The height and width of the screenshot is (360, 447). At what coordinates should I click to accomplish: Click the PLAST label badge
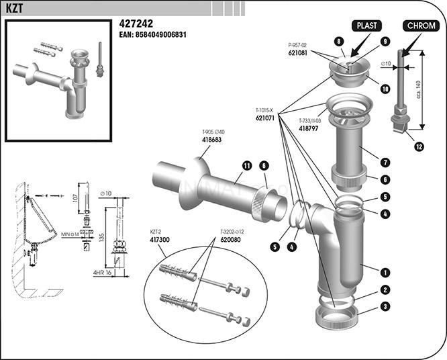[x=367, y=26]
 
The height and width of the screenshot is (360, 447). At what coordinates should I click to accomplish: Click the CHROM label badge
[x=420, y=26]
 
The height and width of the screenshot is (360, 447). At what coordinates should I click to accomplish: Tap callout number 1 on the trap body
[x=385, y=272]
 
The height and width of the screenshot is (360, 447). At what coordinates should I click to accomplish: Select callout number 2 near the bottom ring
[x=385, y=290]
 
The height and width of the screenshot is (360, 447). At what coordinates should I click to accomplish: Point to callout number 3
[x=385, y=306]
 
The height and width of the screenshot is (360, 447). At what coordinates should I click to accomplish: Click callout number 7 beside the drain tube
[x=385, y=162]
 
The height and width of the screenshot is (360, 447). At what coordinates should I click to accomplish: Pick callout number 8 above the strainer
[x=340, y=42]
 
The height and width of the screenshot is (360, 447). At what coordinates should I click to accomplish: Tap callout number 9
[x=385, y=42]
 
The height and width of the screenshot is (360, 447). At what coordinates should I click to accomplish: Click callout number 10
[x=385, y=89]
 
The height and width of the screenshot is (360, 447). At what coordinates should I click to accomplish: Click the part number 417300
[x=159, y=239]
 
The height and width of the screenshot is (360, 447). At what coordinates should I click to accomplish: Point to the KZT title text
[x=15, y=8]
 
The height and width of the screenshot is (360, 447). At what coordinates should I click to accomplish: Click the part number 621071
[x=266, y=118]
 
